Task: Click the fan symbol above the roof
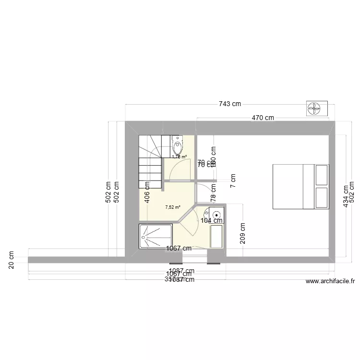[317, 108]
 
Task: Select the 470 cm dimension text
[263, 117]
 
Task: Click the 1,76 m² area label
[179, 156]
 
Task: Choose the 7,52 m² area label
[172, 207]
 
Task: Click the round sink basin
[216, 214]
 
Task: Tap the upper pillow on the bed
[322, 175]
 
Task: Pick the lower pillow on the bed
[322, 198]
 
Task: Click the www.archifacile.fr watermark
[330, 282]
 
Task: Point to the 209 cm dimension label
[243, 233]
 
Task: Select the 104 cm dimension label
[212, 221]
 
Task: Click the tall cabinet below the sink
[216, 236]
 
